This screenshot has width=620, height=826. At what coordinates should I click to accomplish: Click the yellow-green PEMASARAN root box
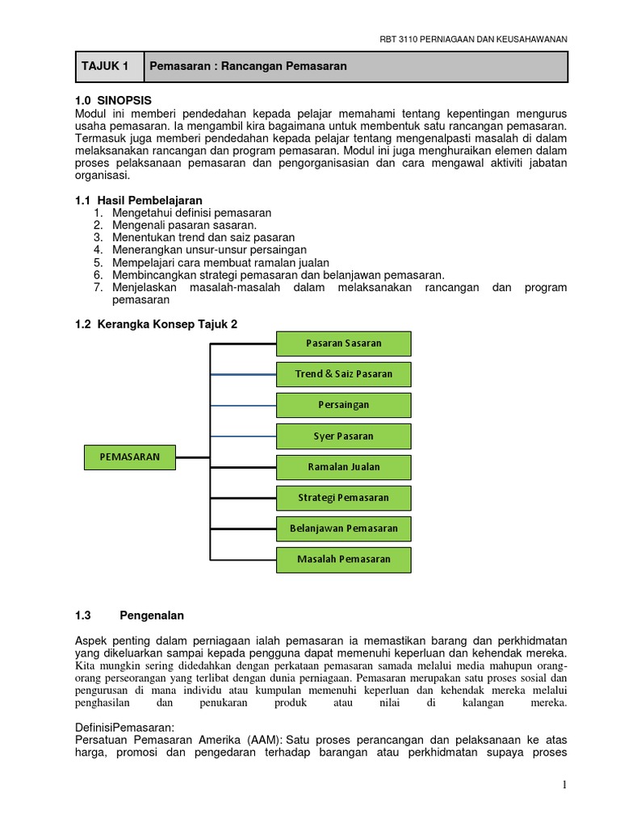click(130, 457)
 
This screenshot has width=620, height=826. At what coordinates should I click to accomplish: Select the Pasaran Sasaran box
click(344, 344)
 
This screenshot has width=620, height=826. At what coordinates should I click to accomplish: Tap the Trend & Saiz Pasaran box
click(344, 374)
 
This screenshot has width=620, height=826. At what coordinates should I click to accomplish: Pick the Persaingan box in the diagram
click(344, 405)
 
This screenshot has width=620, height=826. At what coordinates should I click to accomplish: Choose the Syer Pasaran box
click(344, 436)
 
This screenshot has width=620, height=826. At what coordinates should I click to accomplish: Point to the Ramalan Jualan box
click(344, 467)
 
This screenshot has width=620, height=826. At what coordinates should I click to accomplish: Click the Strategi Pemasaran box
click(344, 498)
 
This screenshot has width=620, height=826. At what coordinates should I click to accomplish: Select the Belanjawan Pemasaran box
click(344, 528)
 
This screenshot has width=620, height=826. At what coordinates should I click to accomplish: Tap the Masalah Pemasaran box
click(344, 559)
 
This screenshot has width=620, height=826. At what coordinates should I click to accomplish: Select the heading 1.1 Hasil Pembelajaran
click(138, 200)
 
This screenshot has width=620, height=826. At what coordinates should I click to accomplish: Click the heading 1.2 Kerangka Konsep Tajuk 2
click(156, 323)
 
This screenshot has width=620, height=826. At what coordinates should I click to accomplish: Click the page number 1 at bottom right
click(566, 786)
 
